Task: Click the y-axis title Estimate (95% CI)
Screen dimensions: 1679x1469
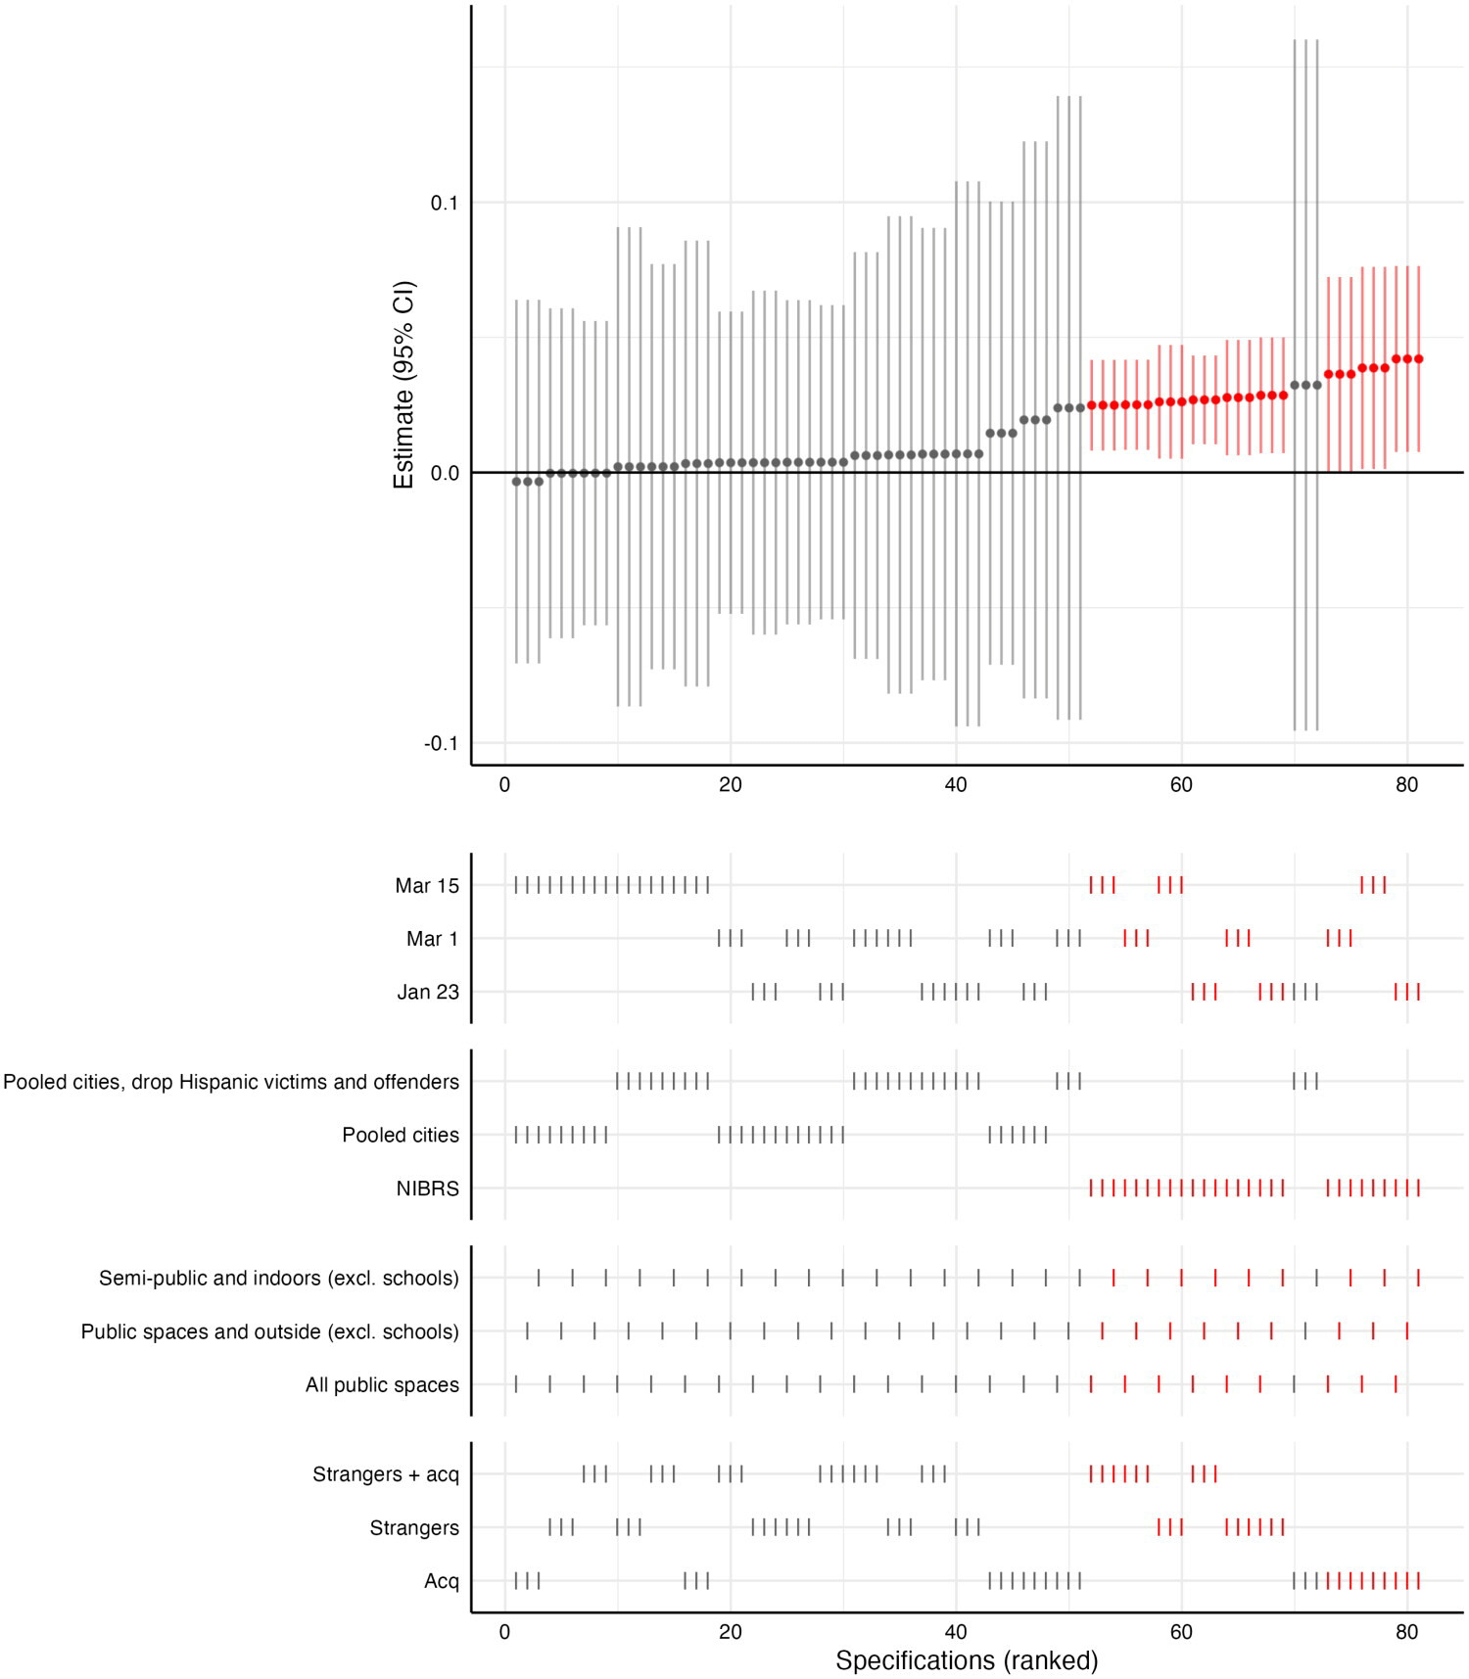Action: click(x=403, y=386)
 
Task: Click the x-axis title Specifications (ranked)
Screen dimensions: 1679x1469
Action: click(x=966, y=1660)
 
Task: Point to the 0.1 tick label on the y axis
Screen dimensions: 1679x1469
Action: click(x=444, y=203)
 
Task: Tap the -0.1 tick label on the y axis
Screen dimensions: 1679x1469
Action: click(x=441, y=744)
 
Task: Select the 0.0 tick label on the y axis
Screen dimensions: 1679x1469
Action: click(x=444, y=474)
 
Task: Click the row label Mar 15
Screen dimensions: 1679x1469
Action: click(x=426, y=886)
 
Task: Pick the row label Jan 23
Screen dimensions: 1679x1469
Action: click(x=427, y=993)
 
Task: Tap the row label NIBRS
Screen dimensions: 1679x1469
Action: click(x=427, y=1189)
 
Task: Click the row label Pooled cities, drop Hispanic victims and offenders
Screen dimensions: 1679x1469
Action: click(x=231, y=1082)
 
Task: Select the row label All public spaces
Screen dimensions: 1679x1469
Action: click(x=382, y=1385)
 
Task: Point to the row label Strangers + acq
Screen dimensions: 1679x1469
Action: click(x=385, y=1474)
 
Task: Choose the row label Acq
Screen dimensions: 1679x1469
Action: click(x=441, y=1581)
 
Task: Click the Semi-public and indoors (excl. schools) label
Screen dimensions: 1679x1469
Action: click(x=278, y=1279)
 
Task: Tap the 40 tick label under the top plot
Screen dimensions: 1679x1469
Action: click(x=956, y=785)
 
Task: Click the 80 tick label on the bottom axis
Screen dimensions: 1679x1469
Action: click(x=1406, y=1632)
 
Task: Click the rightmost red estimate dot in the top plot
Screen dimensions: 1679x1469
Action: click(x=1418, y=359)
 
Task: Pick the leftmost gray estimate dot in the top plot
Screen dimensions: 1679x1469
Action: click(x=516, y=482)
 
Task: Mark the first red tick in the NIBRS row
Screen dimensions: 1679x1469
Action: click(x=1091, y=1189)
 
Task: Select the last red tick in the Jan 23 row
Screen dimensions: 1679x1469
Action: click(x=1418, y=993)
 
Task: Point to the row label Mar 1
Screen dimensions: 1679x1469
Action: click(x=432, y=940)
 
